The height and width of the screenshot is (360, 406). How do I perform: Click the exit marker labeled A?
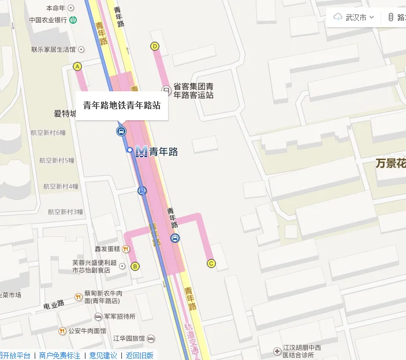tap(77, 66)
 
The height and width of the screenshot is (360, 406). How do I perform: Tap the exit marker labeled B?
tap(135, 266)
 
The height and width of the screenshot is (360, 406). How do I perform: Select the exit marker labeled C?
tap(211, 263)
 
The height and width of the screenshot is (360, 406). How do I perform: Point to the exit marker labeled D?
tap(154, 46)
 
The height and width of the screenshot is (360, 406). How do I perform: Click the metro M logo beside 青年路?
tap(141, 152)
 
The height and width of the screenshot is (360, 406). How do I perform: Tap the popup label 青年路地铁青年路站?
tap(122, 106)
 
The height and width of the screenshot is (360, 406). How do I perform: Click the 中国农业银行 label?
tap(49, 20)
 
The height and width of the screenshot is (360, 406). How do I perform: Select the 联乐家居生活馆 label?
tap(54, 50)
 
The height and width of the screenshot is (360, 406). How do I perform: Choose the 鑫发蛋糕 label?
tap(107, 249)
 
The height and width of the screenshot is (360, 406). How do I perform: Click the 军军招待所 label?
tap(120, 317)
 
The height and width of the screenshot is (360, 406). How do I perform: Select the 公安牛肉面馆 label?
tap(87, 331)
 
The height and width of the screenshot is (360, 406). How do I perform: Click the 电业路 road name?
tap(54, 304)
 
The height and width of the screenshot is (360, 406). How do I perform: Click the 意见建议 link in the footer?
tap(103, 355)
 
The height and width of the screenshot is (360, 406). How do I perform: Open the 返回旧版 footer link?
tap(140, 355)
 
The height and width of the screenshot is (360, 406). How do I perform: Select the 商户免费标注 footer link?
tap(59, 355)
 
